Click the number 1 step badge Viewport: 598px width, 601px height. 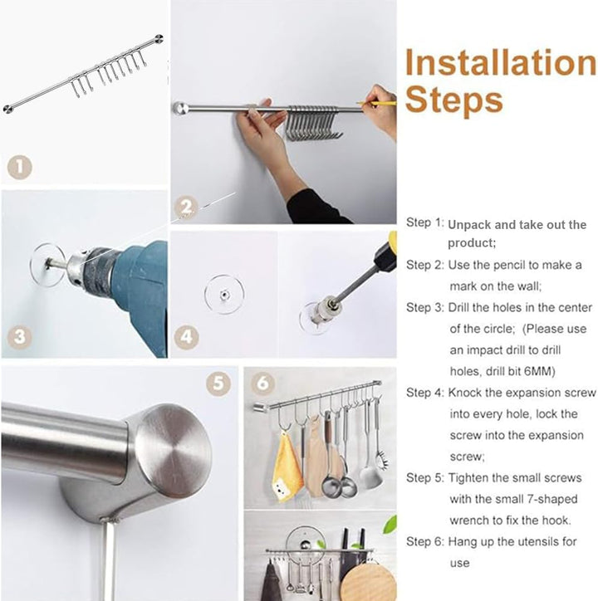[20, 168]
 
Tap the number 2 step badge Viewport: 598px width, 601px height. [186, 208]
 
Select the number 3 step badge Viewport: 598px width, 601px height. [20, 337]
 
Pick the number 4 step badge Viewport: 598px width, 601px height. [186, 337]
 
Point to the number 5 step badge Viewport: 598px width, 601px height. [218, 383]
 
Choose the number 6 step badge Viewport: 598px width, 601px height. [262, 383]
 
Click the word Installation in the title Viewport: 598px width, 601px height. [501, 62]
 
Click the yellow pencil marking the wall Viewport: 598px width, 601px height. [376, 103]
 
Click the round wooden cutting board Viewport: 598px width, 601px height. [368, 583]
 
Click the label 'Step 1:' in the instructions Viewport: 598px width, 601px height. [424, 222]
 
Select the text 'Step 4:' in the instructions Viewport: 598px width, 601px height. [424, 393]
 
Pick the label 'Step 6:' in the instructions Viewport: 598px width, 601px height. [424, 541]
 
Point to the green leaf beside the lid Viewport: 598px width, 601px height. [390, 525]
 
